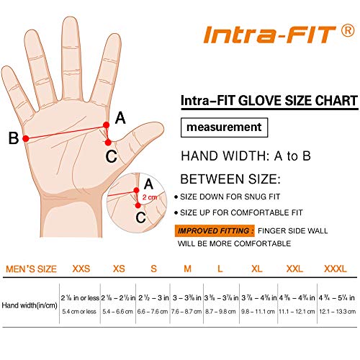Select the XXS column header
(81, 268)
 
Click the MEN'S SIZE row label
(30, 268)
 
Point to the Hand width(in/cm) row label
(30, 306)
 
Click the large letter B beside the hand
(13, 138)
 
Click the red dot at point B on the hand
(27, 138)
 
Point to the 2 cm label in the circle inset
(149, 196)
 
